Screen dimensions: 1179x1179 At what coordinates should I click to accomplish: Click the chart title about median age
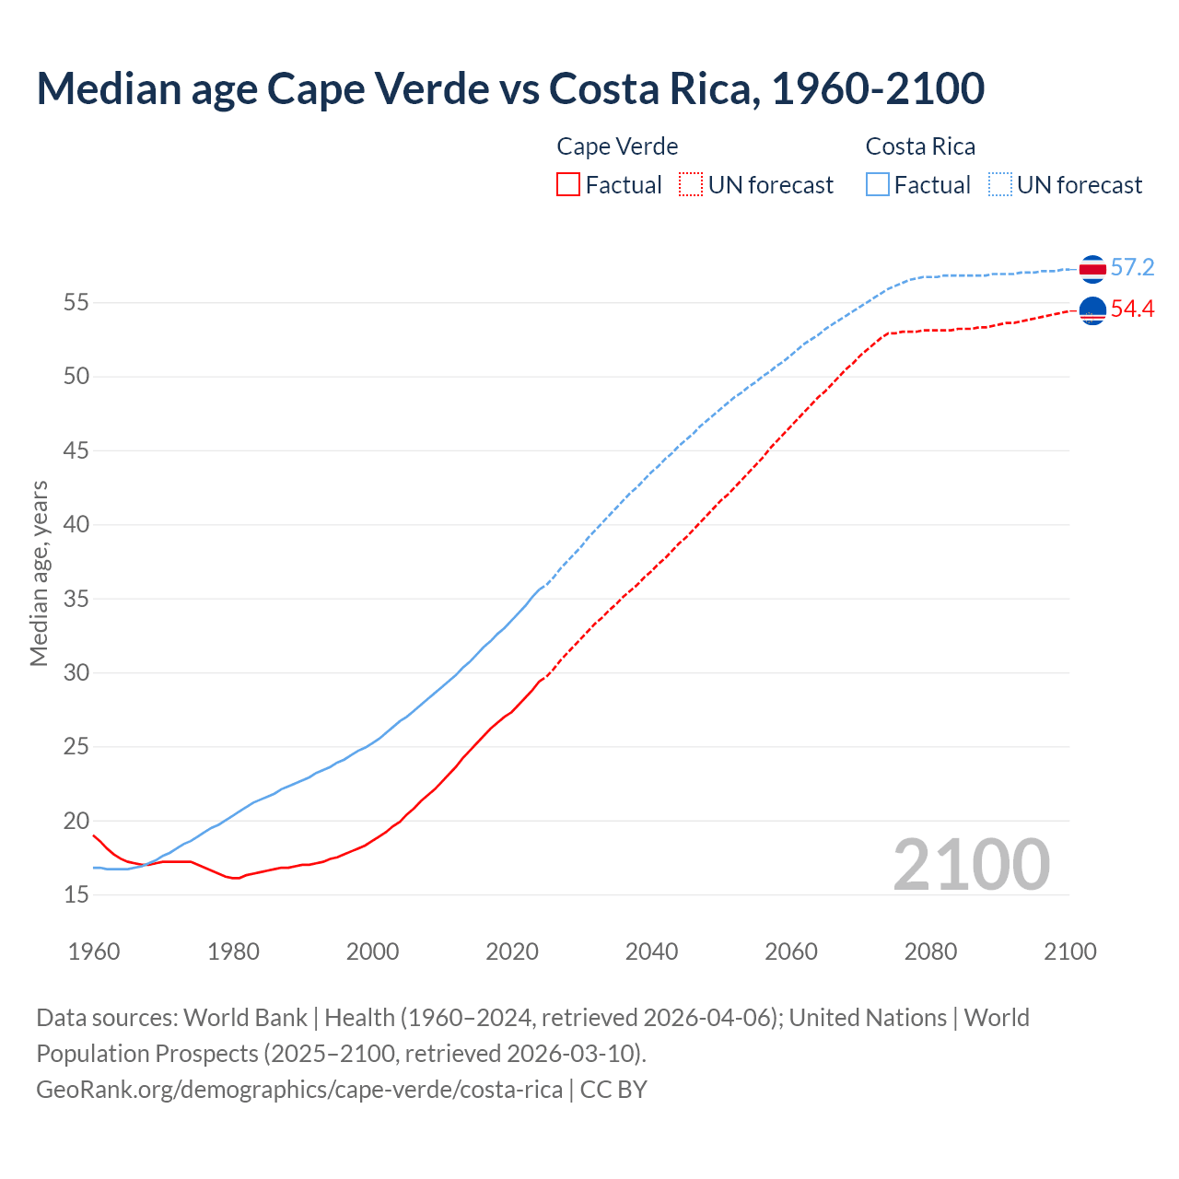coord(510,88)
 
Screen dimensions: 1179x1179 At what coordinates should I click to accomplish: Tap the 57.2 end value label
coord(1132,268)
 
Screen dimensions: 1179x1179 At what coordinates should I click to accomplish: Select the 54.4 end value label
coord(1132,309)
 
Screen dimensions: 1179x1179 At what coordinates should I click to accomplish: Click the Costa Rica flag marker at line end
coord(1092,269)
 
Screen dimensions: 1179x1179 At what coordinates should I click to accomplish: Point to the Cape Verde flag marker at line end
coord(1092,311)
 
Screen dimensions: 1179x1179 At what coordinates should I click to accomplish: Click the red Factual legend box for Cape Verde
coord(568,185)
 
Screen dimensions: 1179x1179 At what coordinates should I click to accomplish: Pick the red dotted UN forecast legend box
coord(691,185)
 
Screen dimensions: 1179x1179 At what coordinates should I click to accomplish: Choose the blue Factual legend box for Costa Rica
coord(878,185)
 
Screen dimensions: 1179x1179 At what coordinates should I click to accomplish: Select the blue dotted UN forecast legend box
coord(1000,185)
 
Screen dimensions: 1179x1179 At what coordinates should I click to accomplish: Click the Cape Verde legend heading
coord(617,146)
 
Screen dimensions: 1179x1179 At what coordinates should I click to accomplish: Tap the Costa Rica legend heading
coord(920,146)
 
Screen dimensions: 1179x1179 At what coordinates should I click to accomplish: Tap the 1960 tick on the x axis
coord(94,951)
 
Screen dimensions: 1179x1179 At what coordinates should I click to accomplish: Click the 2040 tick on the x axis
coord(651,951)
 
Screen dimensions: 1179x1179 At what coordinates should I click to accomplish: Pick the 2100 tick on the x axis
coord(1069,951)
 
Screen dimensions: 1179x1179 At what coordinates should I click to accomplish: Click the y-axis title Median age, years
coord(39,573)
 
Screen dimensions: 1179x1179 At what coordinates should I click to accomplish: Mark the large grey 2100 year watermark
coord(971,865)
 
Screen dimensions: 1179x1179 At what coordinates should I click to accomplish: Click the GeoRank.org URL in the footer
coord(299,1089)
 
